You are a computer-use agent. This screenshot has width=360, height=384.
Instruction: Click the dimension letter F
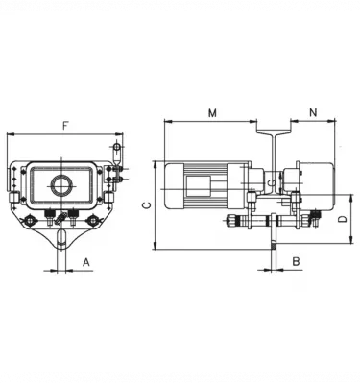click(64, 126)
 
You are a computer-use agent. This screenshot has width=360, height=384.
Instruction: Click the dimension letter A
click(85, 260)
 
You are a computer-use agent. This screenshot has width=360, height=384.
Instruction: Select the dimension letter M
click(212, 113)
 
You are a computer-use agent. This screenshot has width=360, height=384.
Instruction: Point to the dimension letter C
click(145, 205)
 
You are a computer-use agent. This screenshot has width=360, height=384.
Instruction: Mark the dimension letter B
click(297, 260)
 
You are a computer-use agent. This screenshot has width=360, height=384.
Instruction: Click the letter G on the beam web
click(273, 181)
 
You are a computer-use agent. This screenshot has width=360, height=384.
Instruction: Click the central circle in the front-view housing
click(62, 184)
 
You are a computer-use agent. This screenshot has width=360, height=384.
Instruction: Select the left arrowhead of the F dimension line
click(9, 134)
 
